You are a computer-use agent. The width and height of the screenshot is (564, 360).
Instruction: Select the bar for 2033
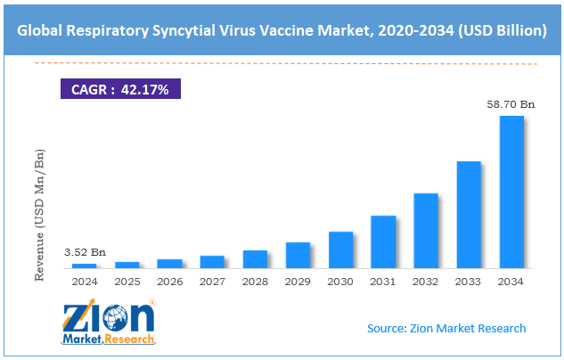click(469, 214)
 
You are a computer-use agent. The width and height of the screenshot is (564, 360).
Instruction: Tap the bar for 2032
click(426, 230)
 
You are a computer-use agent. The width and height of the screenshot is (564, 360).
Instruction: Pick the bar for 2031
click(383, 241)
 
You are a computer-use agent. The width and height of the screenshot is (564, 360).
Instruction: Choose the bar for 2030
click(340, 250)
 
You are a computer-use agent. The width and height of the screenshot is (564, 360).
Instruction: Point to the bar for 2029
click(298, 255)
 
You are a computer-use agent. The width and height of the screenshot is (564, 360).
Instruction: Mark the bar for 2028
click(255, 258)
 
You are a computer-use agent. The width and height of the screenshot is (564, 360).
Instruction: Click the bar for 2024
click(84, 266)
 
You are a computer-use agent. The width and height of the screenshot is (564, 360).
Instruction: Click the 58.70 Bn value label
click(510, 104)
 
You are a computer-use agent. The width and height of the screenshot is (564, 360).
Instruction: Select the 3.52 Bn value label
click(84, 252)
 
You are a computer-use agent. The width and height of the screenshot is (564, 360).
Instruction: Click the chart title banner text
click(282, 30)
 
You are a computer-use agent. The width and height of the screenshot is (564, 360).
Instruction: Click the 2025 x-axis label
click(127, 281)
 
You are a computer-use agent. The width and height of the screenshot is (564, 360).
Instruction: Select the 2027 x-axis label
click(212, 281)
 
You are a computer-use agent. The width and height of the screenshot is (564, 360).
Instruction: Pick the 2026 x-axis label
click(169, 281)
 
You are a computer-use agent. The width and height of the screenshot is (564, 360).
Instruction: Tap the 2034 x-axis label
click(511, 281)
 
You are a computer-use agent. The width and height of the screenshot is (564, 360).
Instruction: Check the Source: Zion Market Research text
click(446, 328)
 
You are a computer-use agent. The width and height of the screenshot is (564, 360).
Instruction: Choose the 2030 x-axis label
click(340, 281)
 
